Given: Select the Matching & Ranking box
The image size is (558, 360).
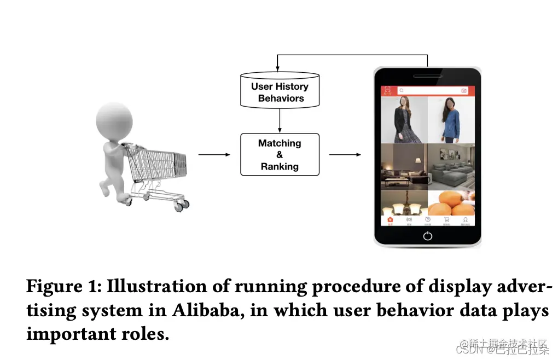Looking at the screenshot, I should (280, 154).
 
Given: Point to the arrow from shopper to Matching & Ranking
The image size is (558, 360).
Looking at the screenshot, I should (214, 155).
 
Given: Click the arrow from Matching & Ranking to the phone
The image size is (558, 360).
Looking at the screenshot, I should (345, 155).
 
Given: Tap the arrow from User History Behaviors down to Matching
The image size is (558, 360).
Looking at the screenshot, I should (280, 120).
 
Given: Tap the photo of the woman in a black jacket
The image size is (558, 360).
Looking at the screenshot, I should (404, 120).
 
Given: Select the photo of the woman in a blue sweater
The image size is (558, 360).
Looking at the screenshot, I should (451, 120).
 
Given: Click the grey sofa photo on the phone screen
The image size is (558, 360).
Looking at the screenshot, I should (451, 166).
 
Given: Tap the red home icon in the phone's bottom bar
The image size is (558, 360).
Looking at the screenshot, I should (390, 220).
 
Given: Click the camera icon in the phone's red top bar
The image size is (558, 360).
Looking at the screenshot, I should (464, 90).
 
